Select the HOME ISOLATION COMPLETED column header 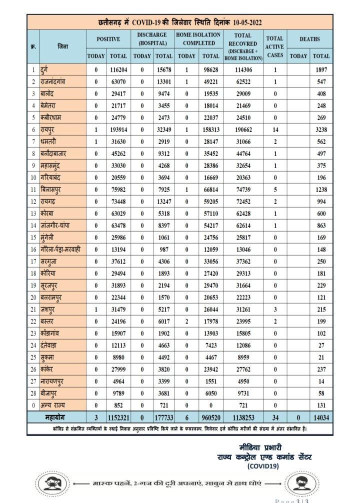point(197,39)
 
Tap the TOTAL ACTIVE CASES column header point(274,46)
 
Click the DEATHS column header point(310,39)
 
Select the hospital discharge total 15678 point(164,70)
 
